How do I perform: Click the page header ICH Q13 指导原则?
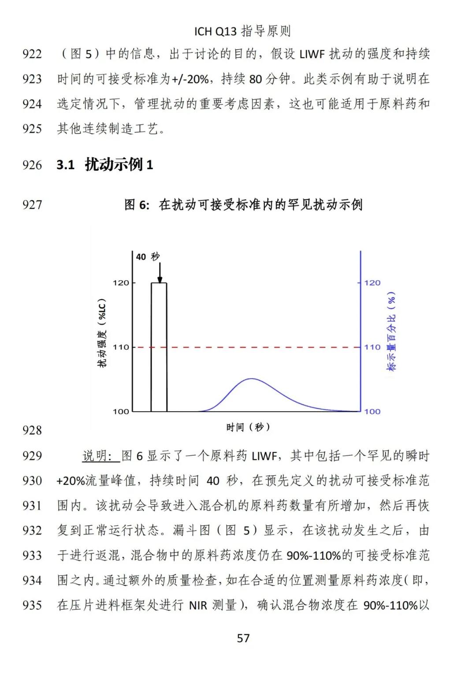[242, 31]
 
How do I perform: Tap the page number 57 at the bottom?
[243, 638]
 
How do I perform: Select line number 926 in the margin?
[32, 165]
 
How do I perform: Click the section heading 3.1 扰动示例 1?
[105, 165]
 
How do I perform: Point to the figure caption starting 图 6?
[243, 205]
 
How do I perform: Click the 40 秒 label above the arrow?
[148, 257]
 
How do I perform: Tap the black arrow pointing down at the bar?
[160, 273]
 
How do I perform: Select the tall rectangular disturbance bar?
[159, 348]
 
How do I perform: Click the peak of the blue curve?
[251, 379]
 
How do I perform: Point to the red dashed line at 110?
[264, 347]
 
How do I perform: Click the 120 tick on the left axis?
[121, 283]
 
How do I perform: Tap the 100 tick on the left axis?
[121, 411]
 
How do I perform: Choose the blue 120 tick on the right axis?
[372, 283]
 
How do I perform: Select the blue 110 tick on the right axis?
[372, 347]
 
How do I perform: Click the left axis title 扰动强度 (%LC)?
[102, 333]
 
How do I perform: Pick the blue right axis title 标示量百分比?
[391, 331]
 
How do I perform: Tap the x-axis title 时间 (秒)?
[248, 427]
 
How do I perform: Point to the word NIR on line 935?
[198, 606]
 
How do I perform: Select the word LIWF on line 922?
[312, 54]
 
